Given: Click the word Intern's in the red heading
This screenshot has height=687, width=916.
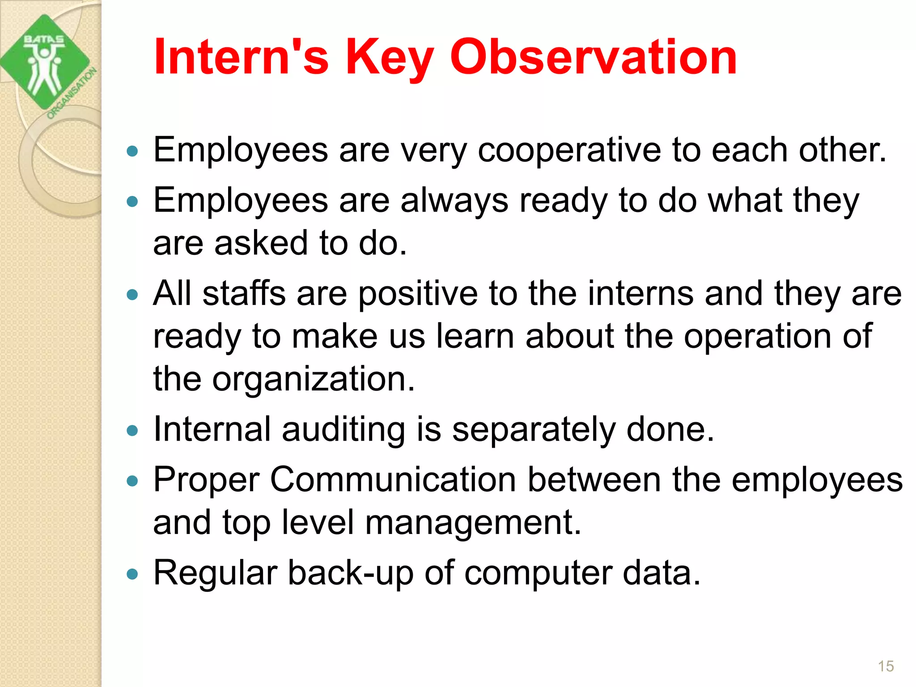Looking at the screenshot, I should point(241,57).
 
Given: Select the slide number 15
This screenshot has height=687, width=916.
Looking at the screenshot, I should point(886,666).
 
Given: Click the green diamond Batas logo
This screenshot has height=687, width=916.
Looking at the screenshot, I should point(45,63).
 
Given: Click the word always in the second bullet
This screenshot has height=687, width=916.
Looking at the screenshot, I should point(454,201).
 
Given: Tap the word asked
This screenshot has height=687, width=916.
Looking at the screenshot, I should point(261,243).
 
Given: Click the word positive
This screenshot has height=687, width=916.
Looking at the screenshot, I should point(418,294).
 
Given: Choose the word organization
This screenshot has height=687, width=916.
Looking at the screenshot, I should point(313,379).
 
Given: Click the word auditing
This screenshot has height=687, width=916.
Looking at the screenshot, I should point(343,430).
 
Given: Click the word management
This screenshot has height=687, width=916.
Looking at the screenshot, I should point(473,523).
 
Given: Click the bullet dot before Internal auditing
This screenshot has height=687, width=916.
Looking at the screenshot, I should point(132,431).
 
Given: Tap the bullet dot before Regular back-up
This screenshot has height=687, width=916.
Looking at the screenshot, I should point(132,574).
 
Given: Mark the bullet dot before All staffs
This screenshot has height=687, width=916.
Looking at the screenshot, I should point(132,295).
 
